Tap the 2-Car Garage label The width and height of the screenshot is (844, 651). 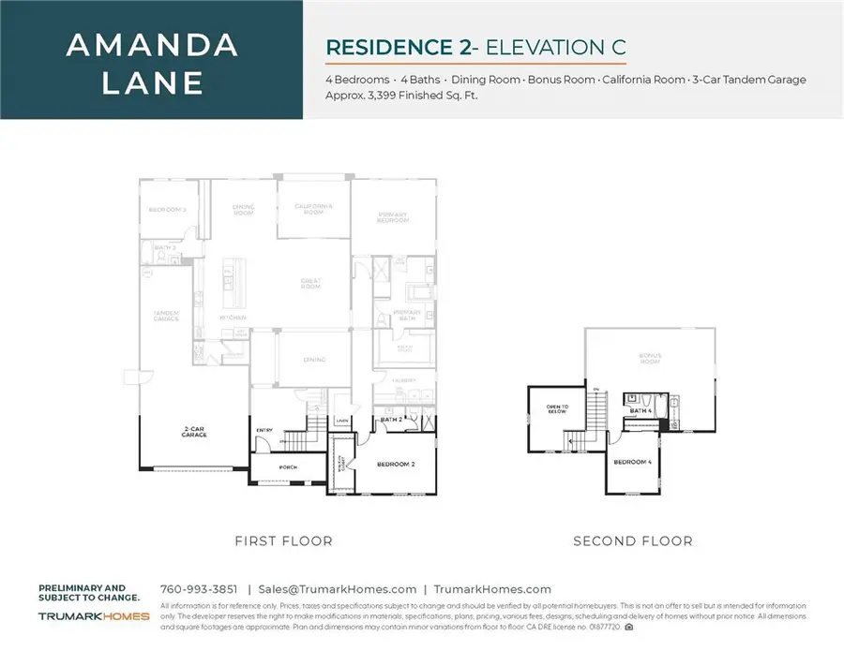(x=195, y=434)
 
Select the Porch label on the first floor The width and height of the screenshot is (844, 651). (x=288, y=466)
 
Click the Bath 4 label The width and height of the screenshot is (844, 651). (x=641, y=410)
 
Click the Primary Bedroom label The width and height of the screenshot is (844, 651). (x=392, y=217)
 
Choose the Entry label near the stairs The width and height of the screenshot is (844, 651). (x=264, y=431)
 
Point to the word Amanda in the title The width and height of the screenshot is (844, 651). (x=153, y=46)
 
